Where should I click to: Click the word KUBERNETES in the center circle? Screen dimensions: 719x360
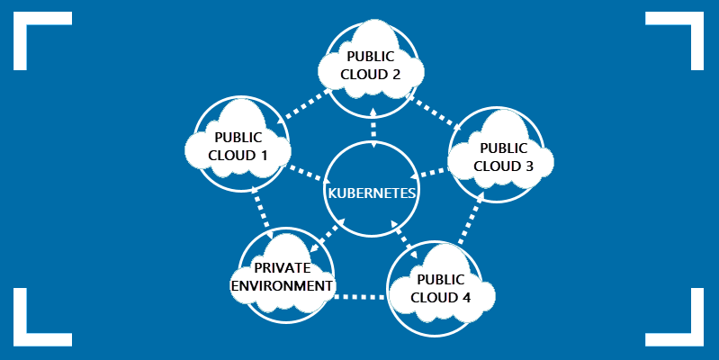tap(372, 193)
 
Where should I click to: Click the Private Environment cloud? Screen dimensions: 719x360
tap(283, 275)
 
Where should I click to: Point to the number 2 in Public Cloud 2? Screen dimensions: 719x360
tap(395, 75)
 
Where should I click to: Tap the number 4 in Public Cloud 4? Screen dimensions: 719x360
tap(465, 297)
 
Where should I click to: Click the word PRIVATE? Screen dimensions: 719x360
tap(282, 268)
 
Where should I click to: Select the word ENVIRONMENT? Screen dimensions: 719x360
tap(282, 285)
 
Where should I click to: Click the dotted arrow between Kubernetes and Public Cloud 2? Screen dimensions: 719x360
tap(373, 128)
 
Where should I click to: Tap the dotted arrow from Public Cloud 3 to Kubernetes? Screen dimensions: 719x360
tap(428, 173)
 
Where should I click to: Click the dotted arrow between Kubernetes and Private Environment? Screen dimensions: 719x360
tap(327, 236)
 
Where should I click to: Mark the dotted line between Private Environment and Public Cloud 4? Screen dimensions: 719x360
tap(360, 297)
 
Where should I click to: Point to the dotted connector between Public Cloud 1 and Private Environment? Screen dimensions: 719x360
tap(262, 212)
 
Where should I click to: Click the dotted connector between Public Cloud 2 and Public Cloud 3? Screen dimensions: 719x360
tap(435, 112)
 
